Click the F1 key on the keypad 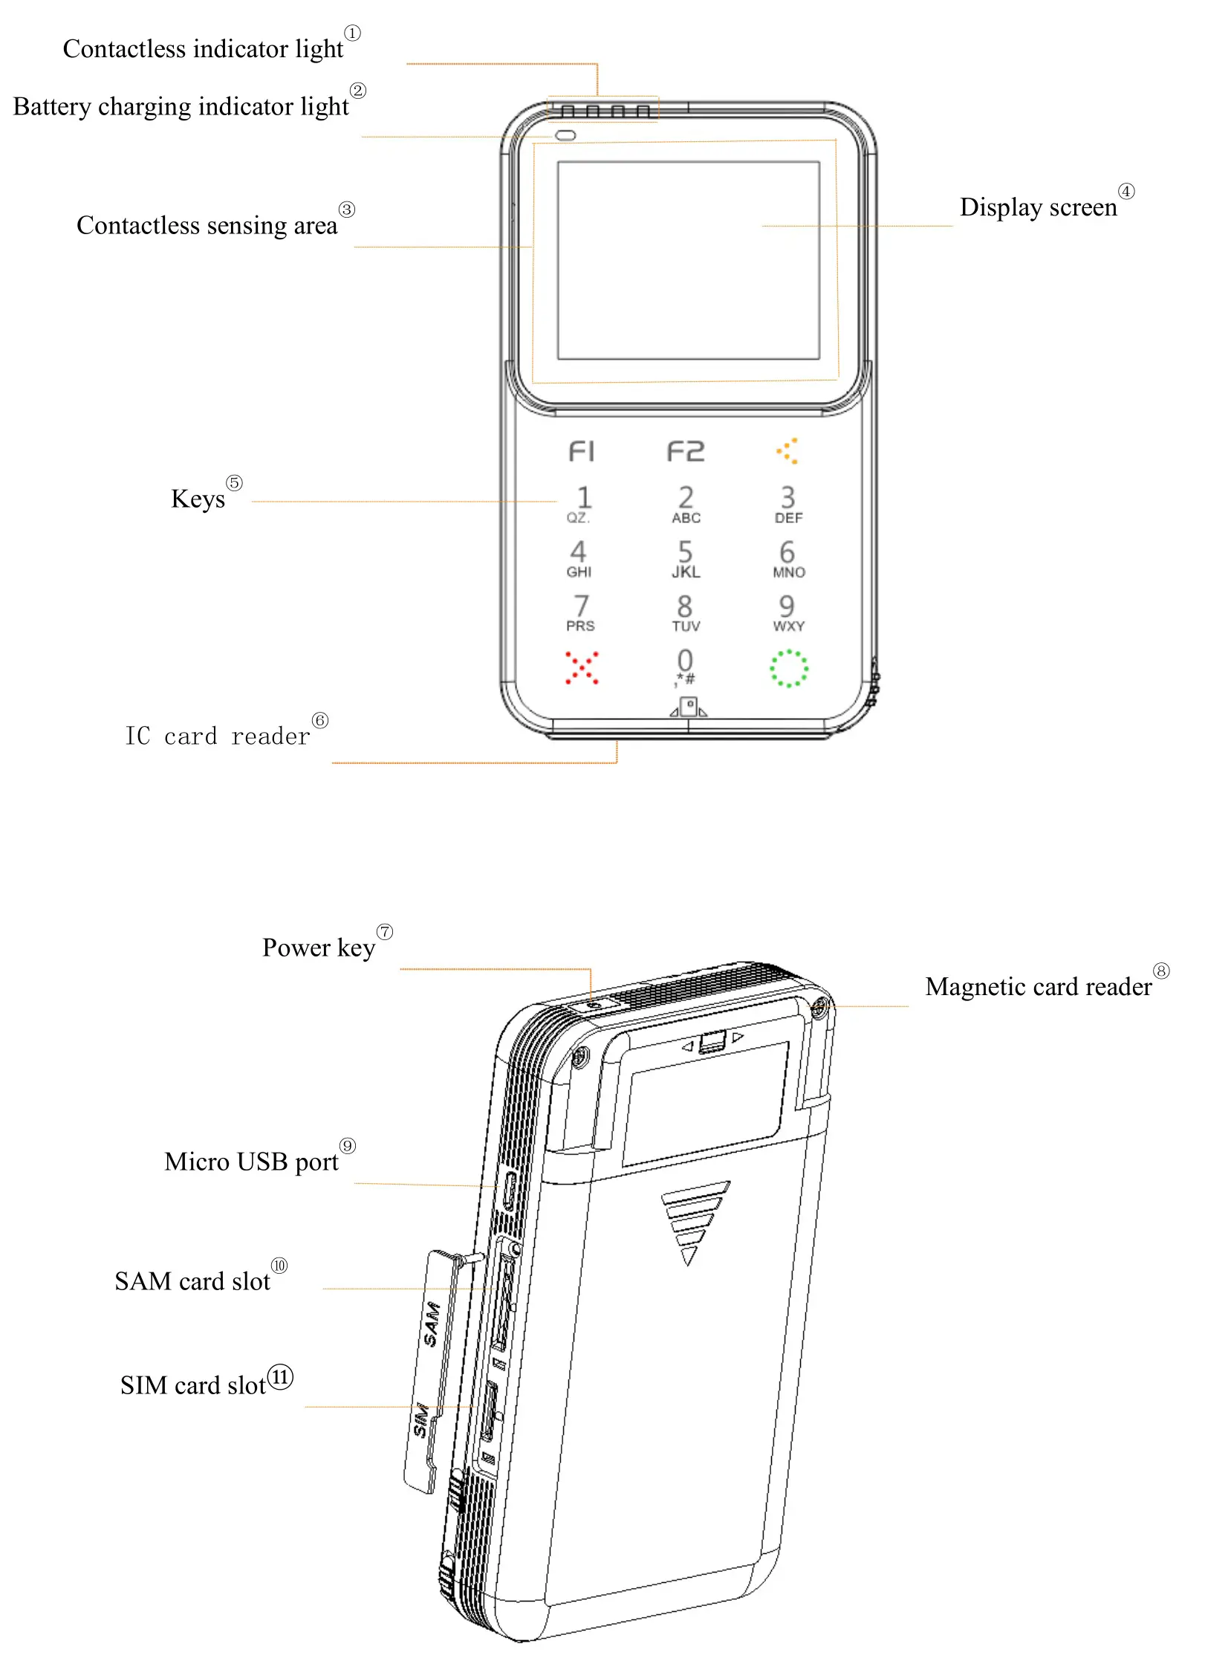pyautogui.click(x=581, y=451)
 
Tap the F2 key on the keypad pyautogui.click(x=685, y=451)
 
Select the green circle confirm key pyautogui.click(x=788, y=668)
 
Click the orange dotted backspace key pyautogui.click(x=787, y=450)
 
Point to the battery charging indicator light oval pyautogui.click(x=565, y=136)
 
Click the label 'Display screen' pyautogui.click(x=1038, y=207)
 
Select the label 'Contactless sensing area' pyautogui.click(x=207, y=225)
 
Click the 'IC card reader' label pyautogui.click(x=217, y=736)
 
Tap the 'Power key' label pyautogui.click(x=319, y=948)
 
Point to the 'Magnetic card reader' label pyautogui.click(x=1038, y=987)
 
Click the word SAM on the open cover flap pyautogui.click(x=432, y=1324)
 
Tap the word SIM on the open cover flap pyautogui.click(x=420, y=1419)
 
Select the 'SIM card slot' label pyautogui.click(x=193, y=1385)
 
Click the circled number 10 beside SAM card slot pyautogui.click(x=279, y=1265)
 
